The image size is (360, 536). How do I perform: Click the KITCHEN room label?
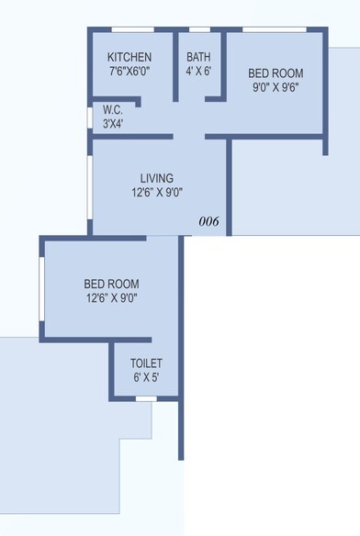129,57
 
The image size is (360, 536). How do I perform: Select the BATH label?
198,57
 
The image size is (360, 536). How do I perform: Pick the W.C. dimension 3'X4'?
112,123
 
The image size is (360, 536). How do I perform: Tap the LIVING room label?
157,177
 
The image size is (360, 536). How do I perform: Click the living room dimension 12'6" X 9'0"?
157,193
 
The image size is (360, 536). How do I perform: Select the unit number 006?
209,221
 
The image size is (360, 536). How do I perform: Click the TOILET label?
146,363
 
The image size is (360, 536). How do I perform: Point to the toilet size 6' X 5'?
146,377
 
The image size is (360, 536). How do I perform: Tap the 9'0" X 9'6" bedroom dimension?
276,88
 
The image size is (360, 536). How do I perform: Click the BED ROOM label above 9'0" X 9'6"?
276,73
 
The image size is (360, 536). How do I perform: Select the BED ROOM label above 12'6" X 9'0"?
112,283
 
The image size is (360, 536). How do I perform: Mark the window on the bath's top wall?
198,30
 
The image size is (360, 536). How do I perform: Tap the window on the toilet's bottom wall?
145,398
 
